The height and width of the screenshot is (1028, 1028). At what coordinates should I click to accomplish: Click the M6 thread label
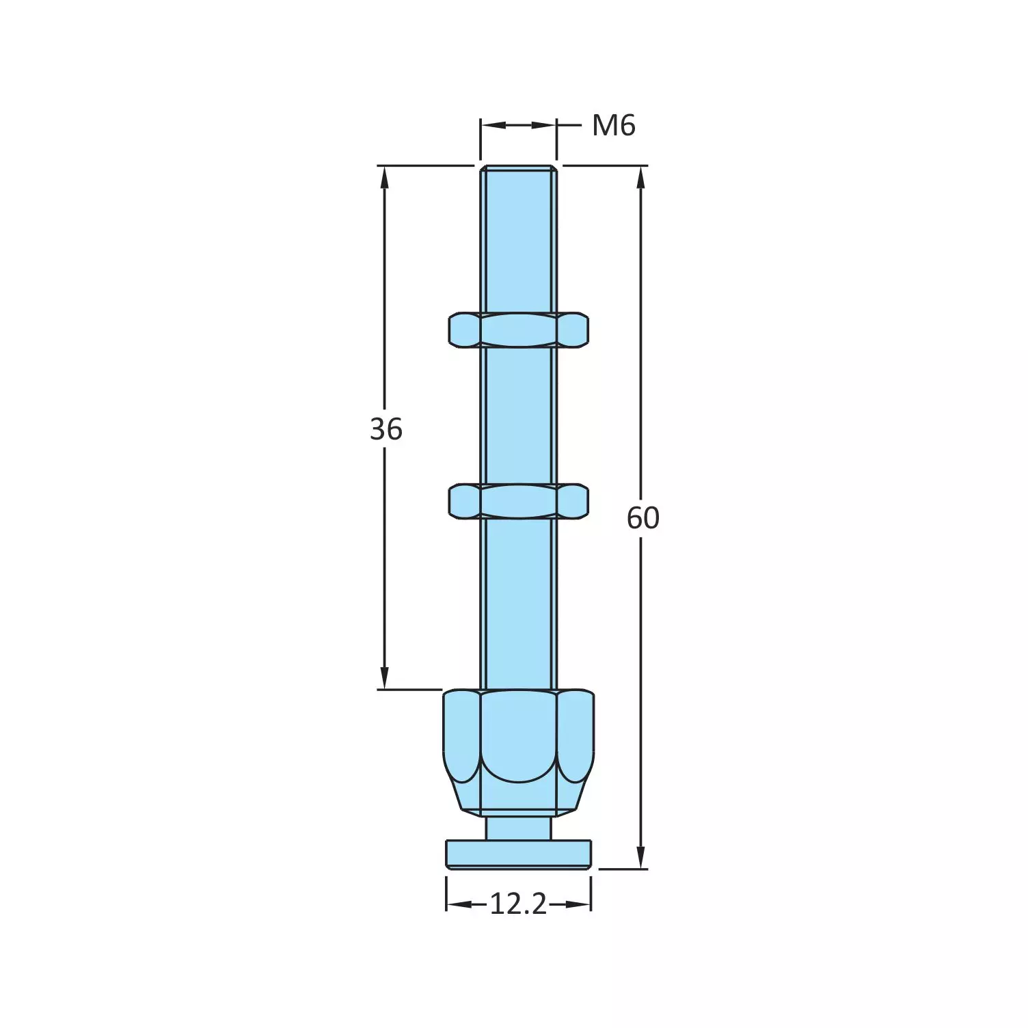[x=613, y=126]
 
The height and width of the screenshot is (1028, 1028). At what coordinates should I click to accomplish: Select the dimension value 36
[x=386, y=429]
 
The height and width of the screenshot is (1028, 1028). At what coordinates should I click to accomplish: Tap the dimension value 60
[x=642, y=518]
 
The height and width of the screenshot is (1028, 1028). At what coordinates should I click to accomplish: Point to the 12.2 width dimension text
[x=518, y=905]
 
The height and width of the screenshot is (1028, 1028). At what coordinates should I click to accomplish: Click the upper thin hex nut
[x=518, y=329]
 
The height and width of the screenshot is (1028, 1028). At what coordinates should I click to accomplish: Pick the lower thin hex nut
[x=518, y=501]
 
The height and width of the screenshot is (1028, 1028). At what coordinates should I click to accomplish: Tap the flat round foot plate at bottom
[x=518, y=854]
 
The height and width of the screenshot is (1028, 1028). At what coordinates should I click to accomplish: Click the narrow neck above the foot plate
[x=518, y=828]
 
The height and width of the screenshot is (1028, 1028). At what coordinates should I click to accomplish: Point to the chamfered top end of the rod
[x=518, y=168]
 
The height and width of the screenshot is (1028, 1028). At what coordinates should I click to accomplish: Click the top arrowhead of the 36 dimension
[x=384, y=176]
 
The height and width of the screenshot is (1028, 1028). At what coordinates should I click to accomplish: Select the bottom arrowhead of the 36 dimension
[x=384, y=678]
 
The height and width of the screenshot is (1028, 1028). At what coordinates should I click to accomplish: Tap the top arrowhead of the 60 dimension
[x=640, y=176]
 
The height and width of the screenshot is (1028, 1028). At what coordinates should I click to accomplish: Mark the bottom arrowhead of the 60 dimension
[x=640, y=858]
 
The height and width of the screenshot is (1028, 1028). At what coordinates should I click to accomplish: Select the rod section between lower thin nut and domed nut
[x=518, y=601]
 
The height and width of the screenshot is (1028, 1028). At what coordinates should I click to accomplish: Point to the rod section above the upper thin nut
[x=518, y=239]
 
